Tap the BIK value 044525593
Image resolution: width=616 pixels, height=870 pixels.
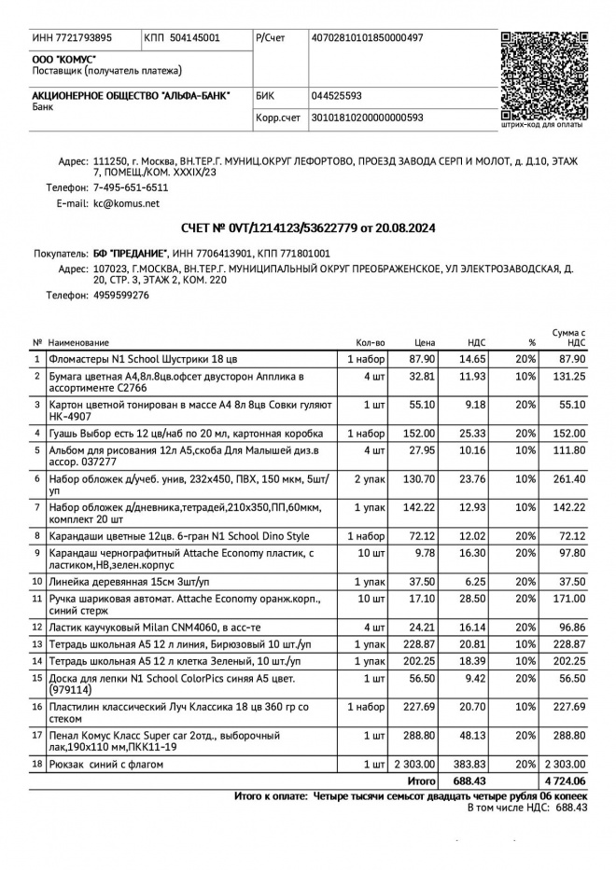pos(336,95)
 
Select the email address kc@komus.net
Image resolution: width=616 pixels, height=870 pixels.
pos(126,202)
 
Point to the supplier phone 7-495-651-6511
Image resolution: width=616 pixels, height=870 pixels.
pos(131,187)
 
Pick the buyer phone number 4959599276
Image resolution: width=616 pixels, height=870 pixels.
pos(120,295)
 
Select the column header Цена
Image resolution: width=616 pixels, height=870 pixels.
pos(425,343)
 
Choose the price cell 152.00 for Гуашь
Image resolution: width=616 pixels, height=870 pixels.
pos(421,433)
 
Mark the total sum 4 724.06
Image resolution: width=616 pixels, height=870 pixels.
pos(564,780)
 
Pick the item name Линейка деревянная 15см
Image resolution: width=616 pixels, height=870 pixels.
pos(117,581)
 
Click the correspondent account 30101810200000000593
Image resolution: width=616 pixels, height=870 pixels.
pos(367,117)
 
